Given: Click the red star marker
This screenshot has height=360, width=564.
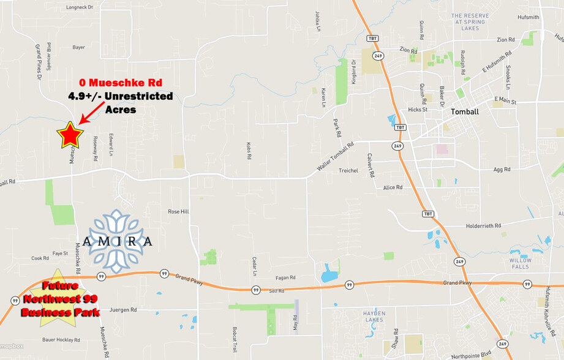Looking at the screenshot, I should [70, 135].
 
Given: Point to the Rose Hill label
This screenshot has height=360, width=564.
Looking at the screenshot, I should [178, 211].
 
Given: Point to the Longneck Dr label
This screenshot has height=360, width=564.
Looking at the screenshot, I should [78, 8].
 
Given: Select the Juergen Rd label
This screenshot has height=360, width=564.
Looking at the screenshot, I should [122, 310].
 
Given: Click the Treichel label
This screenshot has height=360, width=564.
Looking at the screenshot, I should [348, 171].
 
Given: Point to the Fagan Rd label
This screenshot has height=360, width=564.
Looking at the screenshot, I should [285, 278].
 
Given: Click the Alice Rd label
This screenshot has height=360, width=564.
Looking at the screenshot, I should [393, 187].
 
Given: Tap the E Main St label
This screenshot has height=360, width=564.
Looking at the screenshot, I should [505, 99].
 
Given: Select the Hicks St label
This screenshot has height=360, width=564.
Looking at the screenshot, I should [418, 110].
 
